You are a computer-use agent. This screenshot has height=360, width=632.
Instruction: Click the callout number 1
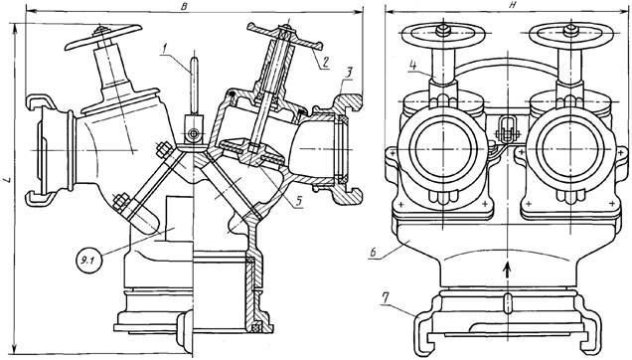pyautogui.click(x=164, y=50)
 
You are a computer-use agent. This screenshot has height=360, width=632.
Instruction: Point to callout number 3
pyautogui.click(x=348, y=73)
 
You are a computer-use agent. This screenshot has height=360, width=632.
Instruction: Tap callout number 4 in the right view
pyautogui.click(x=412, y=66)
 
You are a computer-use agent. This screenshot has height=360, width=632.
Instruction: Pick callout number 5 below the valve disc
pyautogui.click(x=298, y=201)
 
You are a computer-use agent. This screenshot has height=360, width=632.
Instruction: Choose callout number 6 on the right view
pyautogui.click(x=373, y=253)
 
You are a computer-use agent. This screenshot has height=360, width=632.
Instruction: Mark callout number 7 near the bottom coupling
pyautogui.click(x=385, y=299)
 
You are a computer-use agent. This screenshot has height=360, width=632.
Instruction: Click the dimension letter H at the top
pyautogui.click(x=500, y=4)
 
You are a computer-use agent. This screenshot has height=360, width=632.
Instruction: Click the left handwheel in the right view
pyautogui.click(x=443, y=36)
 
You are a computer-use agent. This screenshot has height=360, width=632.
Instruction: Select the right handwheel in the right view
pyautogui.click(x=570, y=36)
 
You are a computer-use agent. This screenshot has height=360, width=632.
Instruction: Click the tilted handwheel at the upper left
pyautogui.click(x=103, y=37)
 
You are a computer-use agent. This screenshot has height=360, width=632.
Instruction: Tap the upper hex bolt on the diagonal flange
pyautogui.click(x=163, y=150)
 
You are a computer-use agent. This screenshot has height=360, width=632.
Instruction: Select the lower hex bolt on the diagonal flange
pyautogui.click(x=120, y=202)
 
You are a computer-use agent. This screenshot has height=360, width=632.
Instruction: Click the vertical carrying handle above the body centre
pyautogui.click(x=195, y=86)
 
